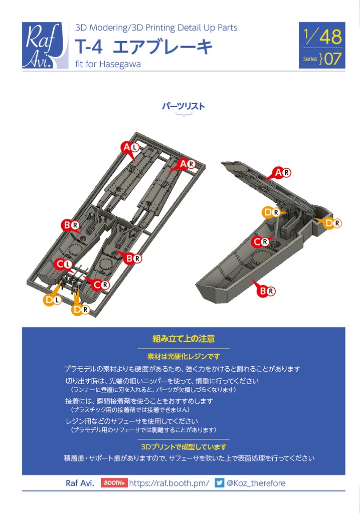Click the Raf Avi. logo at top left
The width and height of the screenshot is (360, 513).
[x=45, y=46]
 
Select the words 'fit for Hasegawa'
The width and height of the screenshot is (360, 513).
[x=108, y=64]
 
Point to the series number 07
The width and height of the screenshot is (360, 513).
[x=333, y=59]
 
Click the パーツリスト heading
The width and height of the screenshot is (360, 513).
[x=183, y=106]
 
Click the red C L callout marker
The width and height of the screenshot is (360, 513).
[x=63, y=264]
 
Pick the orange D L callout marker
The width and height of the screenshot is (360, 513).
[x=52, y=300]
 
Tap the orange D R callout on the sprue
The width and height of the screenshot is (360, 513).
[x=80, y=310]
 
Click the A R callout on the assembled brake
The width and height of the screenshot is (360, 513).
[x=282, y=173]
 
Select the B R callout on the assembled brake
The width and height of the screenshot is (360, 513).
[x=266, y=291]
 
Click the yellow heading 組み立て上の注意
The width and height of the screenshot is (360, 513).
[x=184, y=339]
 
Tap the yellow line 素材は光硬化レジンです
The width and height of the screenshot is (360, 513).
[x=184, y=356]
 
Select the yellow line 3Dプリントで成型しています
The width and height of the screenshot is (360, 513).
[x=184, y=446]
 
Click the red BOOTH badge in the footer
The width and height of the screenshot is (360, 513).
[x=114, y=483]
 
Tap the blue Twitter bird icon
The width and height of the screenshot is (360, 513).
[x=219, y=483]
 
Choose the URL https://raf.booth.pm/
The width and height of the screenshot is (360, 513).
[x=169, y=483]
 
